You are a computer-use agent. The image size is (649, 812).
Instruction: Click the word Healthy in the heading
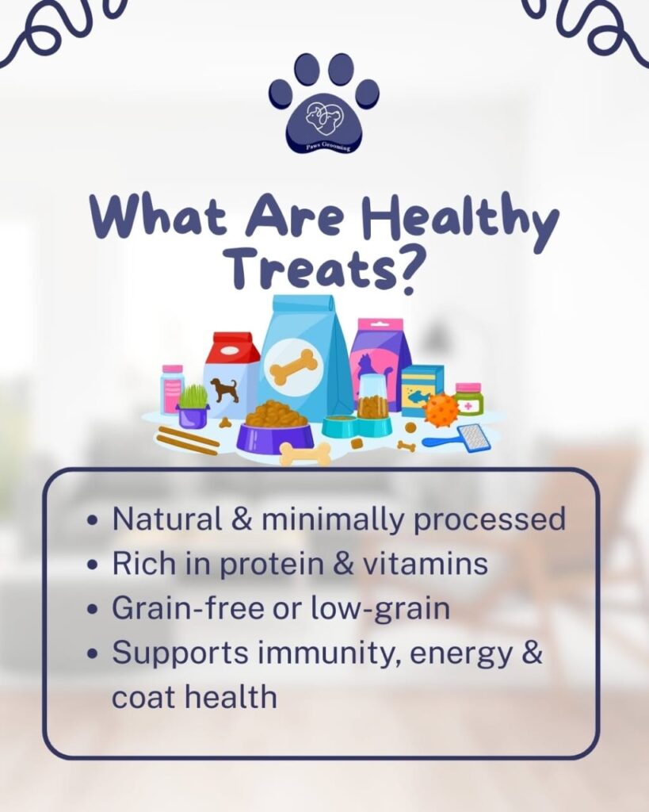pos(460,220)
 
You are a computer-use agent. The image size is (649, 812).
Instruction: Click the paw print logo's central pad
pos(325,123)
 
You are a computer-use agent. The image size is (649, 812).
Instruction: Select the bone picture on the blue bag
pos(293,366)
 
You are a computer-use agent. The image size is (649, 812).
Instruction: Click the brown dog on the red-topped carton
pos(225,389)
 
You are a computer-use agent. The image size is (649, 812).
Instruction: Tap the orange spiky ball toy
pos(441,409)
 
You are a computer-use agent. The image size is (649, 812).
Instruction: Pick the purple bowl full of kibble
pos(275,425)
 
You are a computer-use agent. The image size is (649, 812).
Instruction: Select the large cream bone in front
pos(305,454)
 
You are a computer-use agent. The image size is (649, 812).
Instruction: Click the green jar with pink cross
pos(469,400)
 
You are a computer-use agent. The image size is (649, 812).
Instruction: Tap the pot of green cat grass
pos(193,407)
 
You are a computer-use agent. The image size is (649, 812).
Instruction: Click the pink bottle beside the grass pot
pos(171,389)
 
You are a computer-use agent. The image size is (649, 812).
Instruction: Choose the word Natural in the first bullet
pos(167,519)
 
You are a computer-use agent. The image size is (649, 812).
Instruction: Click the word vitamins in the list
pos(425,564)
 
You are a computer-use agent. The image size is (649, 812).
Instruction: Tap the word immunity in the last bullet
pos(329,653)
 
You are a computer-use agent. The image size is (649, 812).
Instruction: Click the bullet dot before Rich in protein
pos(94,565)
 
